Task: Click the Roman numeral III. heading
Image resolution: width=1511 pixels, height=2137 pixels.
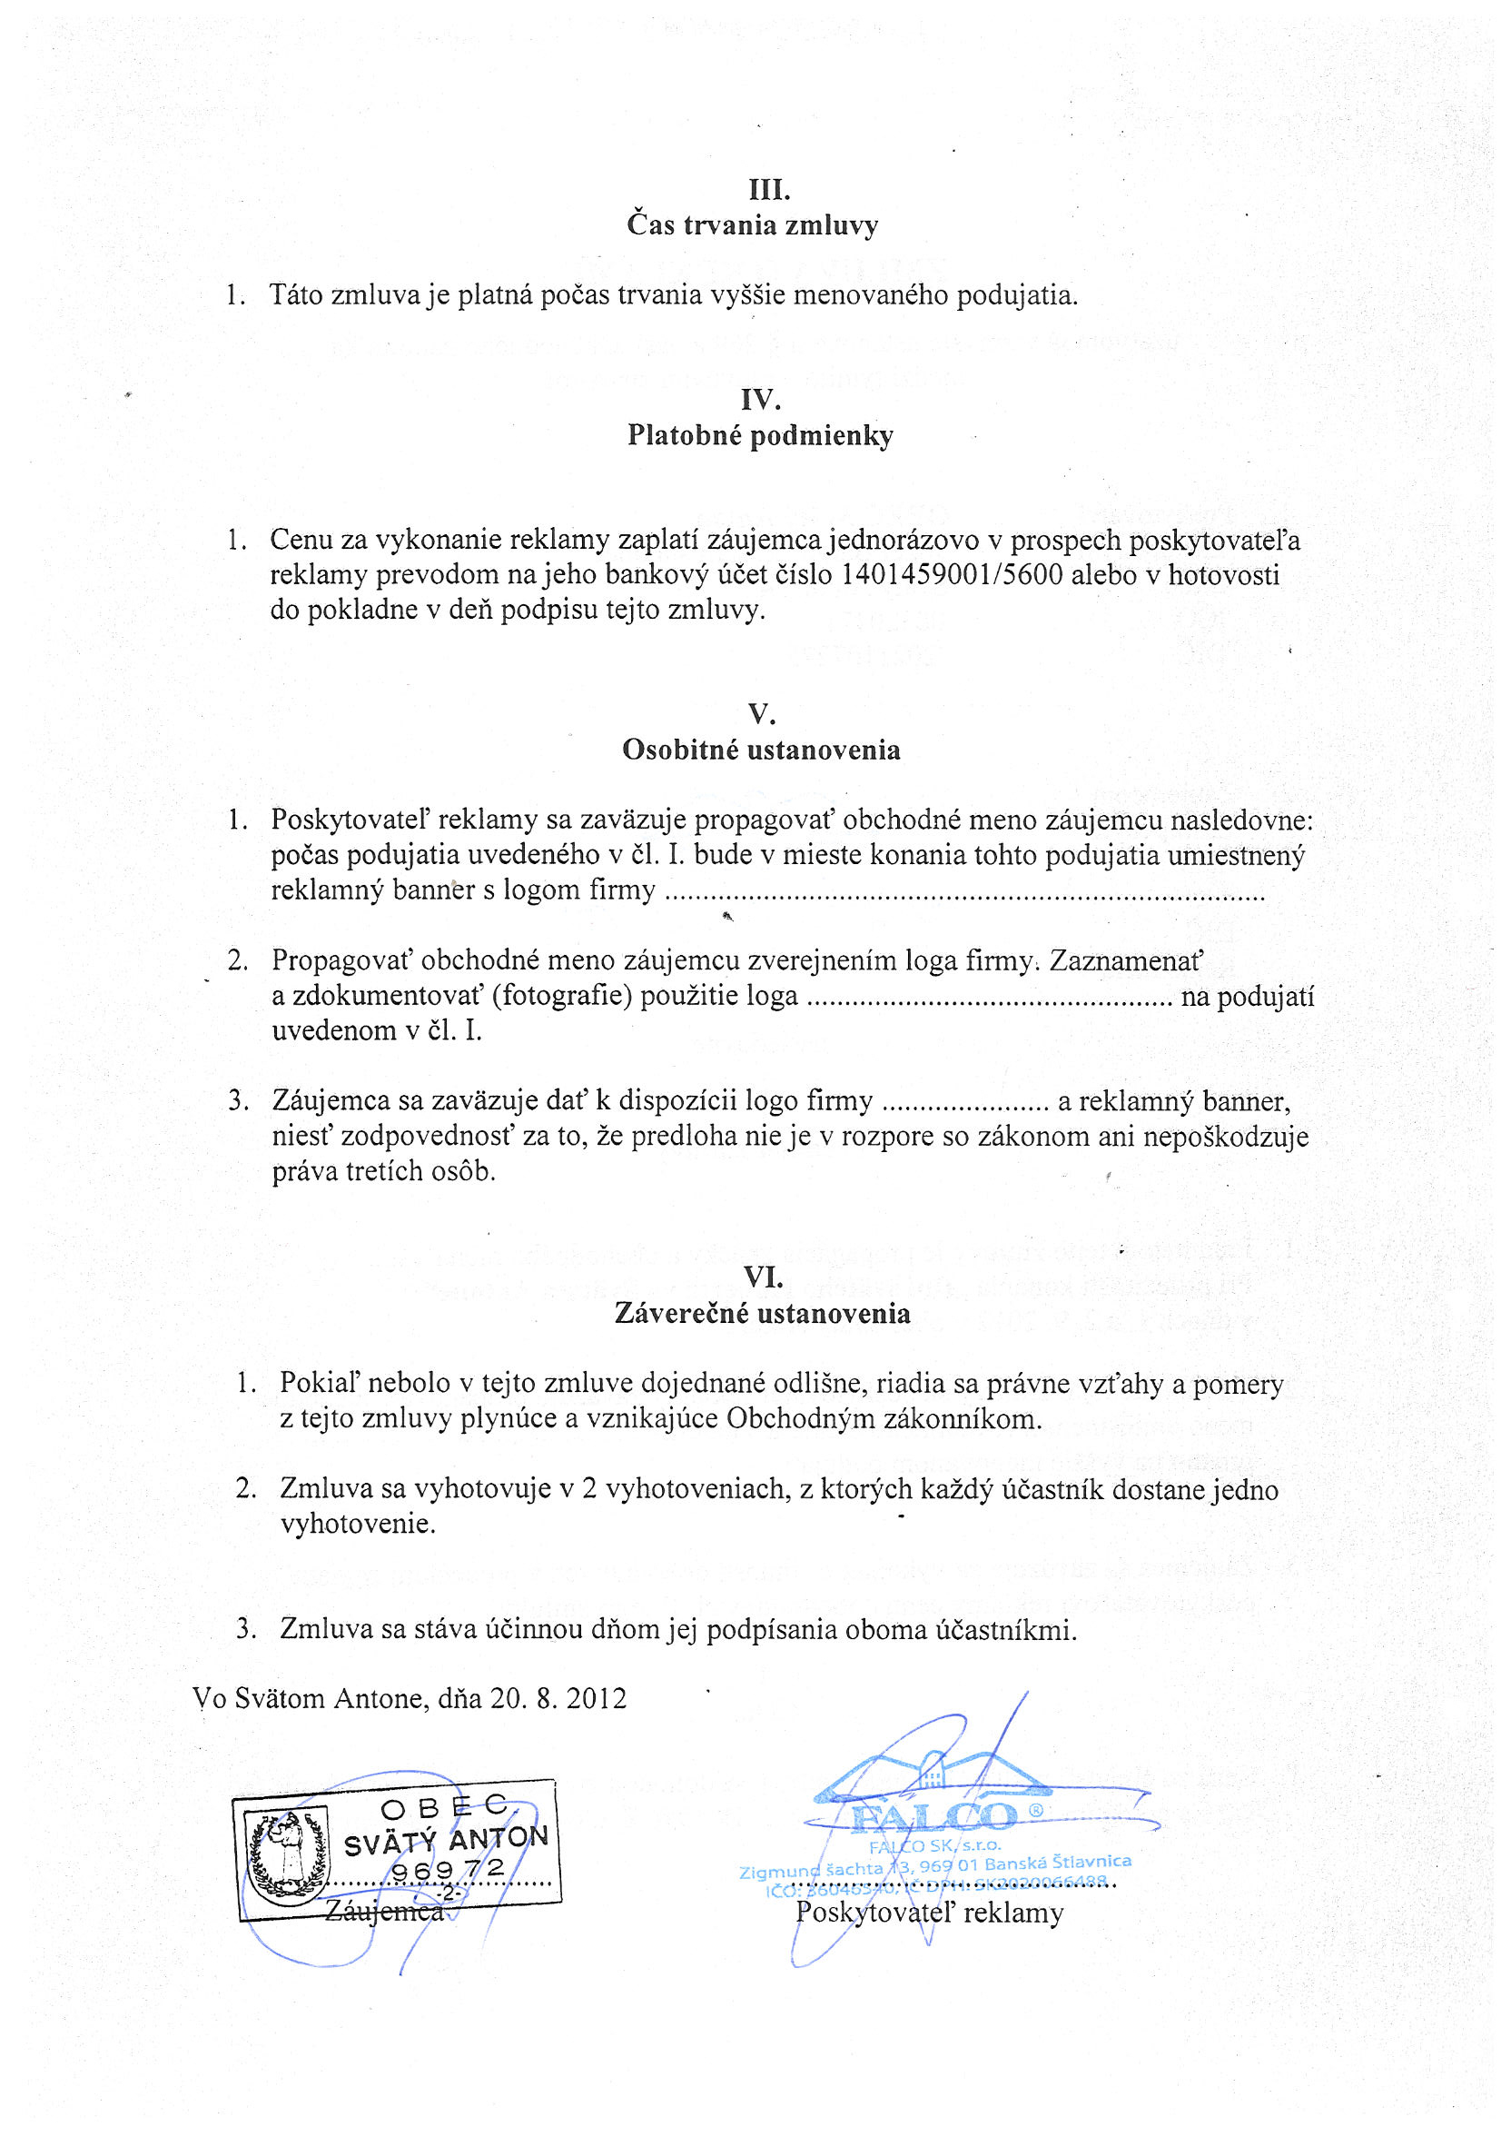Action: pos(768,190)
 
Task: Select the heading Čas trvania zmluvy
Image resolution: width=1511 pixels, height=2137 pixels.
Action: pos(752,225)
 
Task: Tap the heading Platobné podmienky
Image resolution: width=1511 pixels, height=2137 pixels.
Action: pos(760,435)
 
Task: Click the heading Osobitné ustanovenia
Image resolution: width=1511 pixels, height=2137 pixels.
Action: pos(761,750)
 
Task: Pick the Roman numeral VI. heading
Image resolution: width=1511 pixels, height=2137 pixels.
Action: pos(763,1277)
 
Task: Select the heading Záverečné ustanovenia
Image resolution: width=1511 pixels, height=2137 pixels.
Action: pos(762,1313)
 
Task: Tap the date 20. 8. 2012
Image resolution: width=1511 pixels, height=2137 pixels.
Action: pos(558,1699)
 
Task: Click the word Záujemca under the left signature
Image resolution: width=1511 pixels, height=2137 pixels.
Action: pos(384,1912)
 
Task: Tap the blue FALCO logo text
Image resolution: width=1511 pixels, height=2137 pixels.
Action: pos(934,1816)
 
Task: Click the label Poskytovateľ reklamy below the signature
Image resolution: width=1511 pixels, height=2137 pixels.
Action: pos(930,1913)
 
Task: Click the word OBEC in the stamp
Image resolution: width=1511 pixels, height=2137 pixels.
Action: pos(445,1807)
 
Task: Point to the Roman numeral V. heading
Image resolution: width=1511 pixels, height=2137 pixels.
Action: pos(761,715)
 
